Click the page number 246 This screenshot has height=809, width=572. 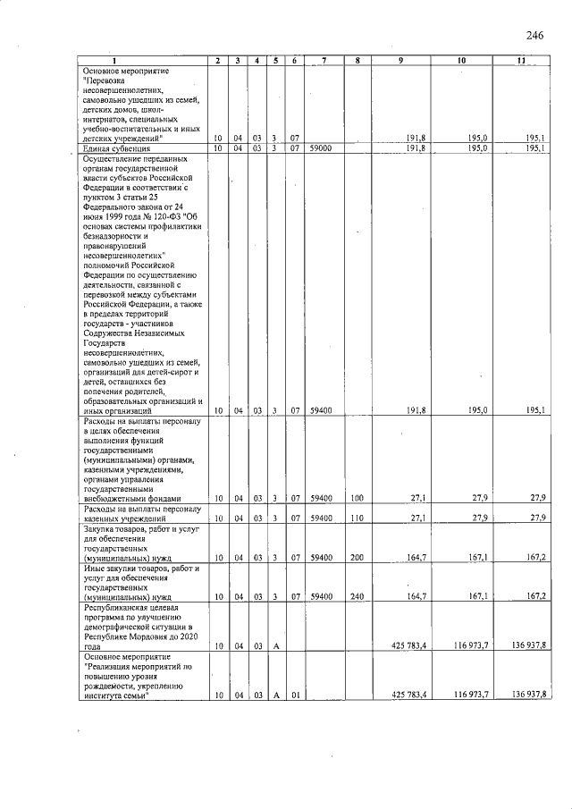click(x=535, y=36)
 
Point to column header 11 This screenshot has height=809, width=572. click(x=521, y=61)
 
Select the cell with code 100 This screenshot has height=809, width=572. click(x=357, y=498)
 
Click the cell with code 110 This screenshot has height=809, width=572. click(x=357, y=518)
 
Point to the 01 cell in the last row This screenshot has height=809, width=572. click(x=294, y=695)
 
